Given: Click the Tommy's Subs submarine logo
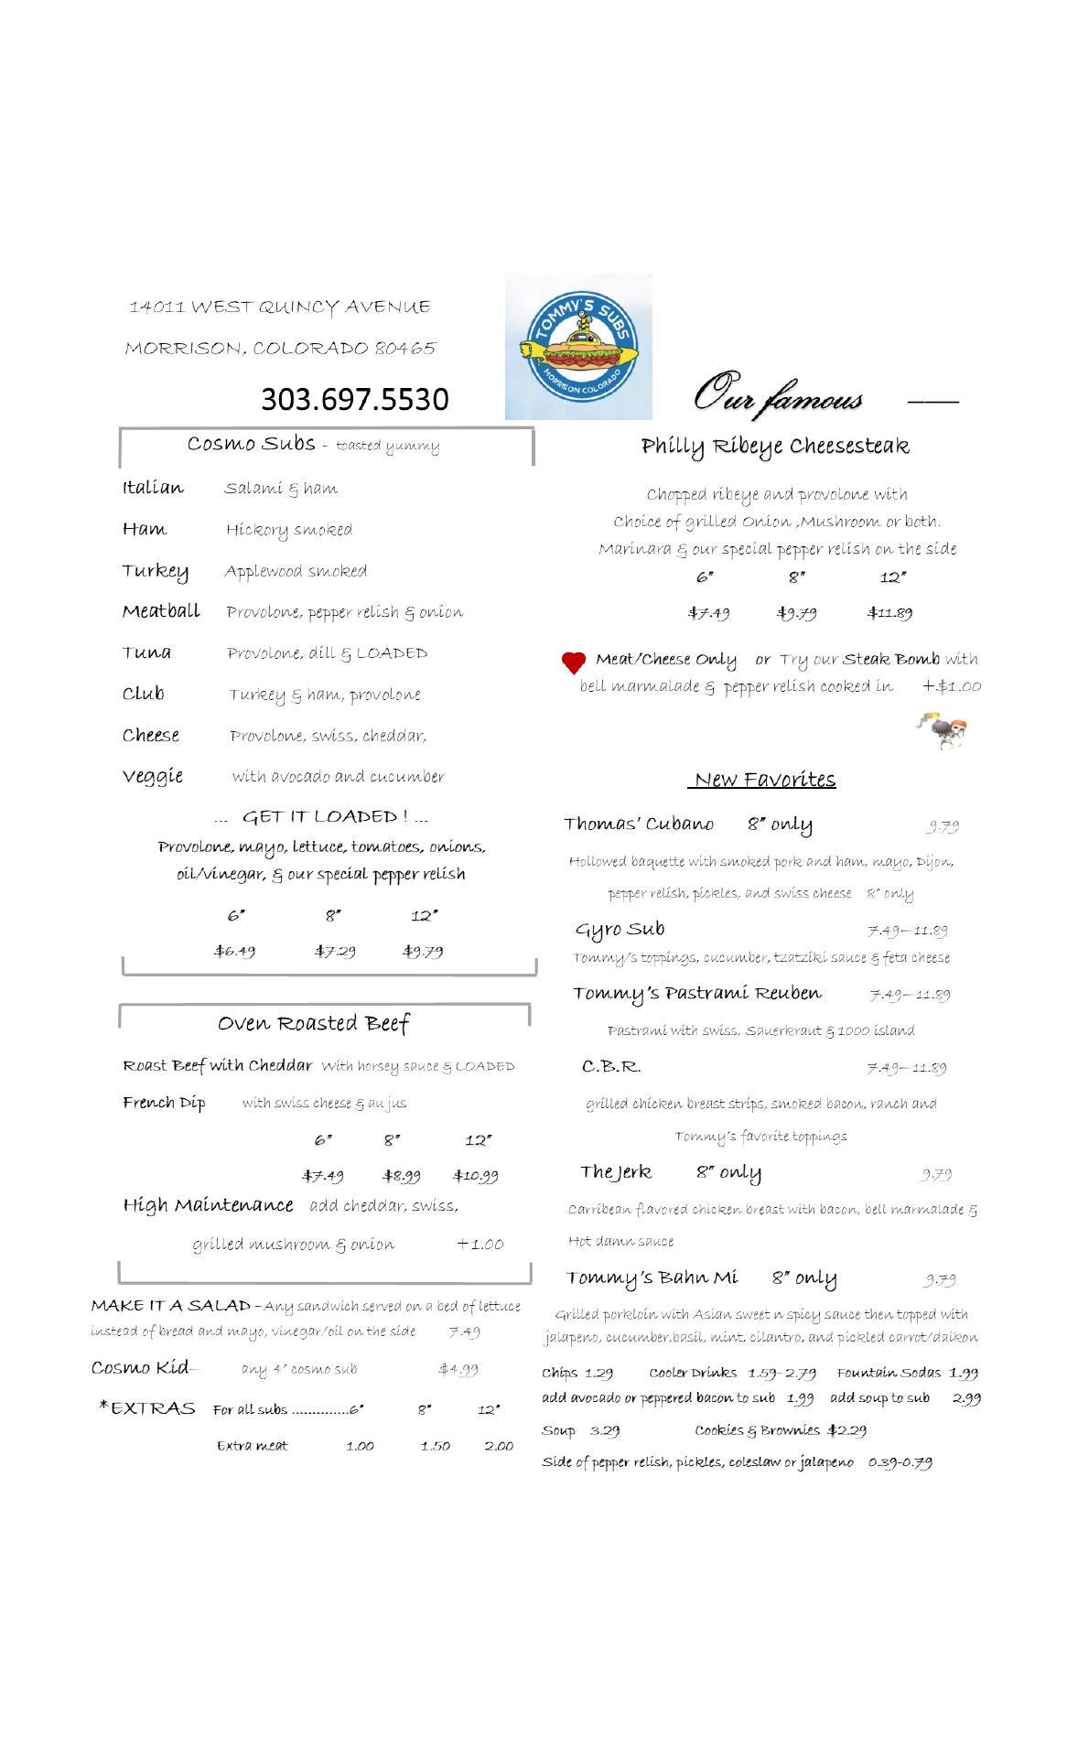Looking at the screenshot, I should coord(578,347).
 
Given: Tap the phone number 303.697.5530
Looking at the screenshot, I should coord(355,399).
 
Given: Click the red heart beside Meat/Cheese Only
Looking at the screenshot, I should coord(573,663).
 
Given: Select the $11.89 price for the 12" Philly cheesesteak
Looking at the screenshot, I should coord(889,613).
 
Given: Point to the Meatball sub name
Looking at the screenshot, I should coord(161,611).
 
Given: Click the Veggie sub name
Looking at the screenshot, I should coord(153,776).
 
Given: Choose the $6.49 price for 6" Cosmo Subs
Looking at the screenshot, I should coord(235,951).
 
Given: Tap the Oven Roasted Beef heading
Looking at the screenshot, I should coord(313,1023).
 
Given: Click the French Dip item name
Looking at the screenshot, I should coord(164,1103).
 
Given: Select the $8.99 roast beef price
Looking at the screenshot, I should coord(401,1176).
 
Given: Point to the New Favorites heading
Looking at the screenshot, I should coord(764,780).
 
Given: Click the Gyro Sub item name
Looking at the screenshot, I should coord(620,930).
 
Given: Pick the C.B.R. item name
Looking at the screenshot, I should coord(611,1067).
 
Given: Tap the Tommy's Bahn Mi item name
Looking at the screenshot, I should coord(651,1278).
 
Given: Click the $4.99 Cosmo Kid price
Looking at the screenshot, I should coord(458,1370).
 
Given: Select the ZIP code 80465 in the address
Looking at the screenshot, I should coord(405,349).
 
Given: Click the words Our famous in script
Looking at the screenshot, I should coord(778,395).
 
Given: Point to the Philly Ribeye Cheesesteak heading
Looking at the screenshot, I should coord(775,447).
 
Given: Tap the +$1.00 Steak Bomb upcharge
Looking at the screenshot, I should coord(952,686).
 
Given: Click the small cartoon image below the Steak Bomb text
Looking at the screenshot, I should coord(943,729).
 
